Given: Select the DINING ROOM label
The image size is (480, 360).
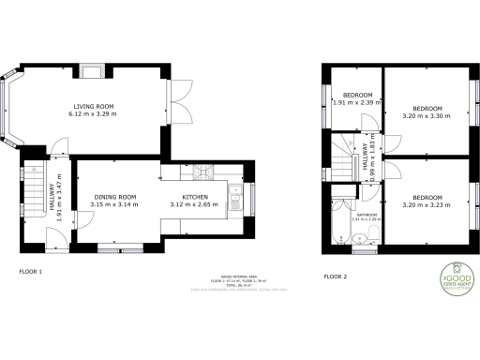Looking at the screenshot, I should click(113, 196).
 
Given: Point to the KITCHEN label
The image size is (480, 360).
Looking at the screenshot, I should click(194, 196).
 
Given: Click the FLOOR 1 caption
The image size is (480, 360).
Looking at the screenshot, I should click(32, 272).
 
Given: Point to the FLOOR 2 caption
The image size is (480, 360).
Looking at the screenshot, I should click(335, 277).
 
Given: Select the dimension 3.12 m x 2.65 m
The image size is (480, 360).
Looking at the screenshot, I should click(194, 204).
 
